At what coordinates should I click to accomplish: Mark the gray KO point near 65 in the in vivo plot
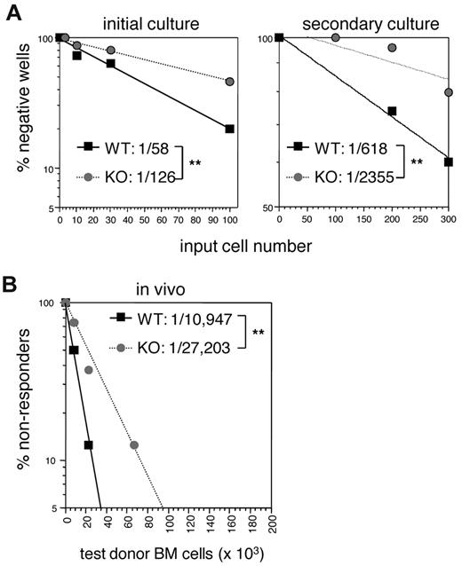tap(133, 444)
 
